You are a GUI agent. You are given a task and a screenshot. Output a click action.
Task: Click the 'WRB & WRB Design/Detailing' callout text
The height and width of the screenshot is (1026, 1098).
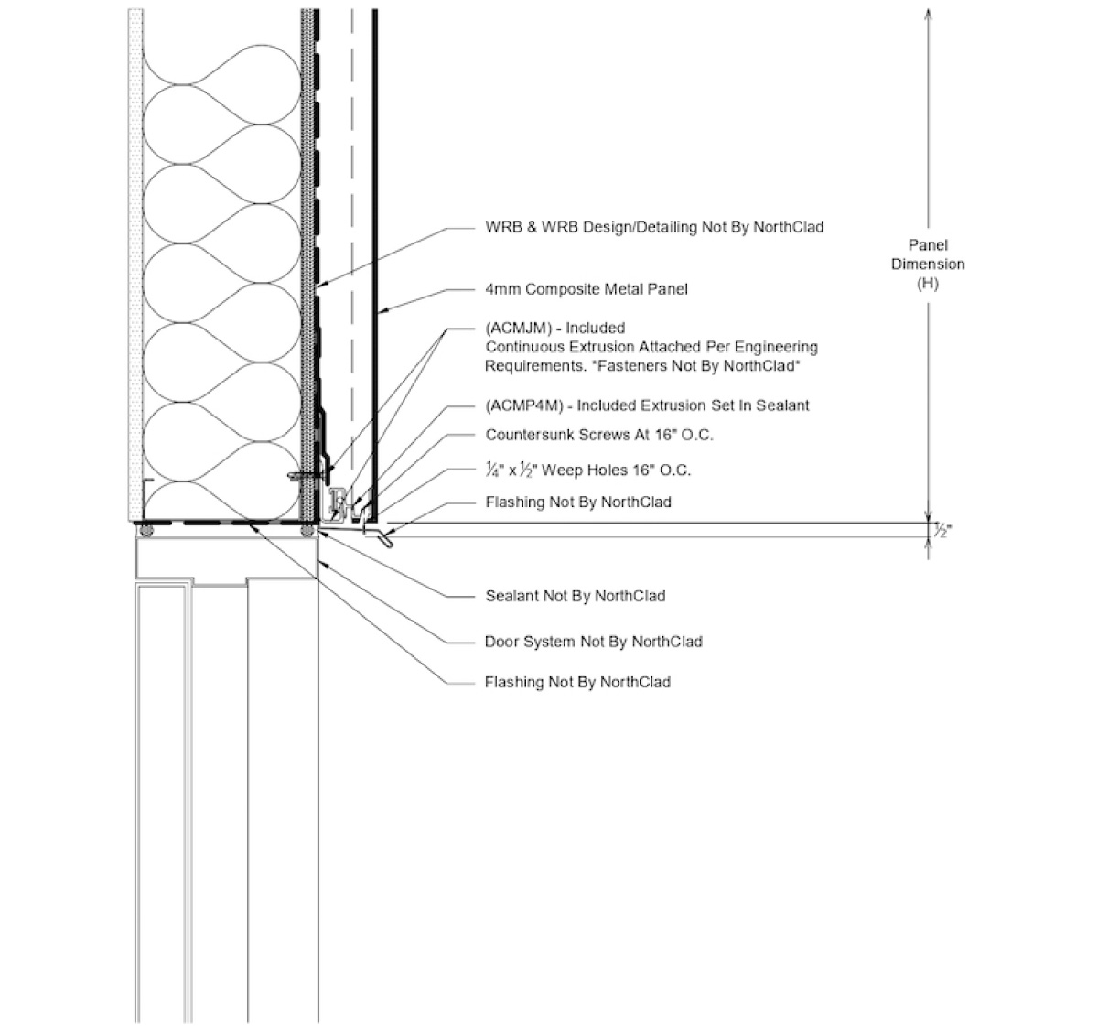(x=653, y=227)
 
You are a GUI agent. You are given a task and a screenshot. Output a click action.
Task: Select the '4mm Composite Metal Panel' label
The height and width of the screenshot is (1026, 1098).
(x=586, y=289)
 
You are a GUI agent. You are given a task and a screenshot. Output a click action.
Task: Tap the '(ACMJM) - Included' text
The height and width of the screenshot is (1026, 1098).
(x=554, y=328)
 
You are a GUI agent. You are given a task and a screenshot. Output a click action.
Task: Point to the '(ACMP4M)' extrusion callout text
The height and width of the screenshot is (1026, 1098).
(x=646, y=405)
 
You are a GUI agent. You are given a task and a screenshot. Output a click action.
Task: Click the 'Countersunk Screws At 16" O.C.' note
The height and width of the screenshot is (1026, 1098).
(x=598, y=435)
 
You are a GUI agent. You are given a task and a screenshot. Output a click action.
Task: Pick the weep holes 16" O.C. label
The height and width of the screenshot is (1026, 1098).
(x=587, y=470)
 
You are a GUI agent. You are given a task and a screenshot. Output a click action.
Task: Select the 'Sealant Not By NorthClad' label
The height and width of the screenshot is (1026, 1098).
(x=575, y=596)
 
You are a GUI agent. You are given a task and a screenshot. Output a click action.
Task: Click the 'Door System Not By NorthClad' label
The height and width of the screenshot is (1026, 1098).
(x=593, y=642)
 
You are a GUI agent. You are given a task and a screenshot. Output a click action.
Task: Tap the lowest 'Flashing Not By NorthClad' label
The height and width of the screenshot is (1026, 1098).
(x=576, y=682)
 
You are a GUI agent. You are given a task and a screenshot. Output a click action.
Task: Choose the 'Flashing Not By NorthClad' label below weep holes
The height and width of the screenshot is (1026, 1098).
(x=576, y=502)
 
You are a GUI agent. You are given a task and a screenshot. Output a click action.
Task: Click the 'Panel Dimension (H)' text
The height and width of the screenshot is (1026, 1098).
(x=928, y=265)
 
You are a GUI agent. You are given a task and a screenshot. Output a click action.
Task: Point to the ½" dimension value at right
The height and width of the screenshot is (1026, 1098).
(x=941, y=530)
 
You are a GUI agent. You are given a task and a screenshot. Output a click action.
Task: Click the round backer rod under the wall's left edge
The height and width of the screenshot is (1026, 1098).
(x=143, y=530)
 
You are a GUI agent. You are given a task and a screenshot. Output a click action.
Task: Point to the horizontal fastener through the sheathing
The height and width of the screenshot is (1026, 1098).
(x=302, y=474)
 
